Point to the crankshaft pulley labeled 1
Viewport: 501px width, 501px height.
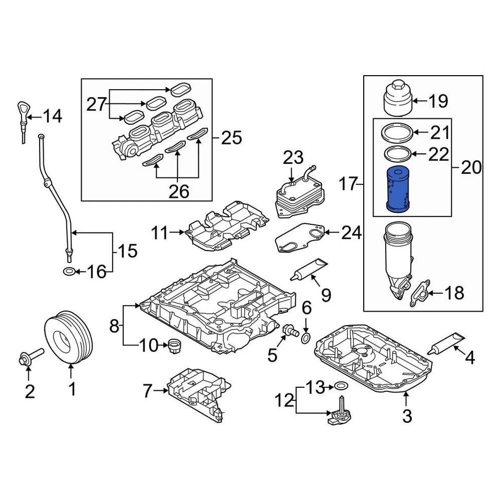coord(69,338)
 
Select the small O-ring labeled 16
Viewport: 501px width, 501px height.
coord(68,271)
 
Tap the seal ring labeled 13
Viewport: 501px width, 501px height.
coord(340,387)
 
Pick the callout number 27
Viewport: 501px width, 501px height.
coord(96,104)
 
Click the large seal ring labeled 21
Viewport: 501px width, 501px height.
coord(399,133)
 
